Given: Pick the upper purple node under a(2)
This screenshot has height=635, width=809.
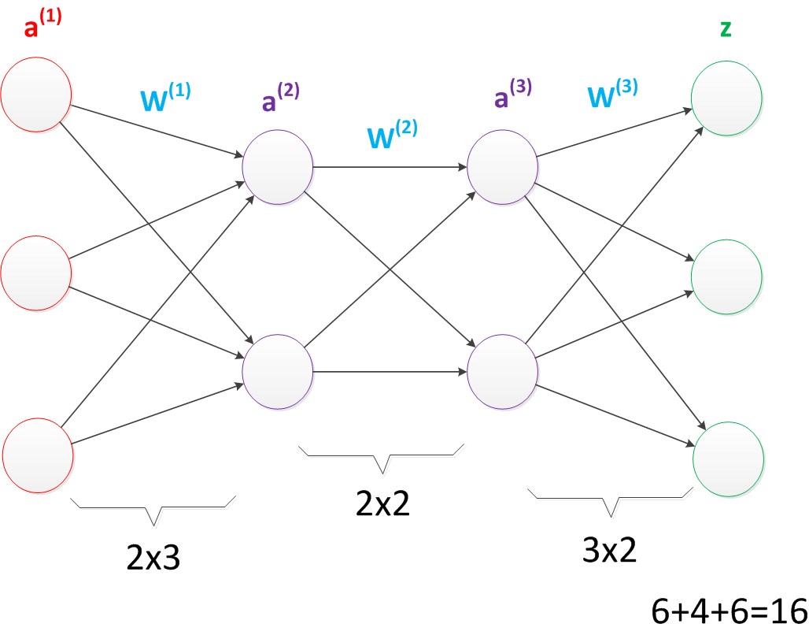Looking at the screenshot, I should click(278, 166).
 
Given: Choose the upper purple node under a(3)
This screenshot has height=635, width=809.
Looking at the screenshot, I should click(502, 166).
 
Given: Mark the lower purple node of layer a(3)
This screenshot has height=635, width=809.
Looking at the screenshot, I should click(502, 368).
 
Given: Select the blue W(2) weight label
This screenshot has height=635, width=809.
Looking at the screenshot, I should click(391, 136).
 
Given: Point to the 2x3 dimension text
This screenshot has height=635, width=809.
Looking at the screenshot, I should click(153, 557).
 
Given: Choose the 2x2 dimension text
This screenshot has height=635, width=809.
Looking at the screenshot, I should click(383, 502).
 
